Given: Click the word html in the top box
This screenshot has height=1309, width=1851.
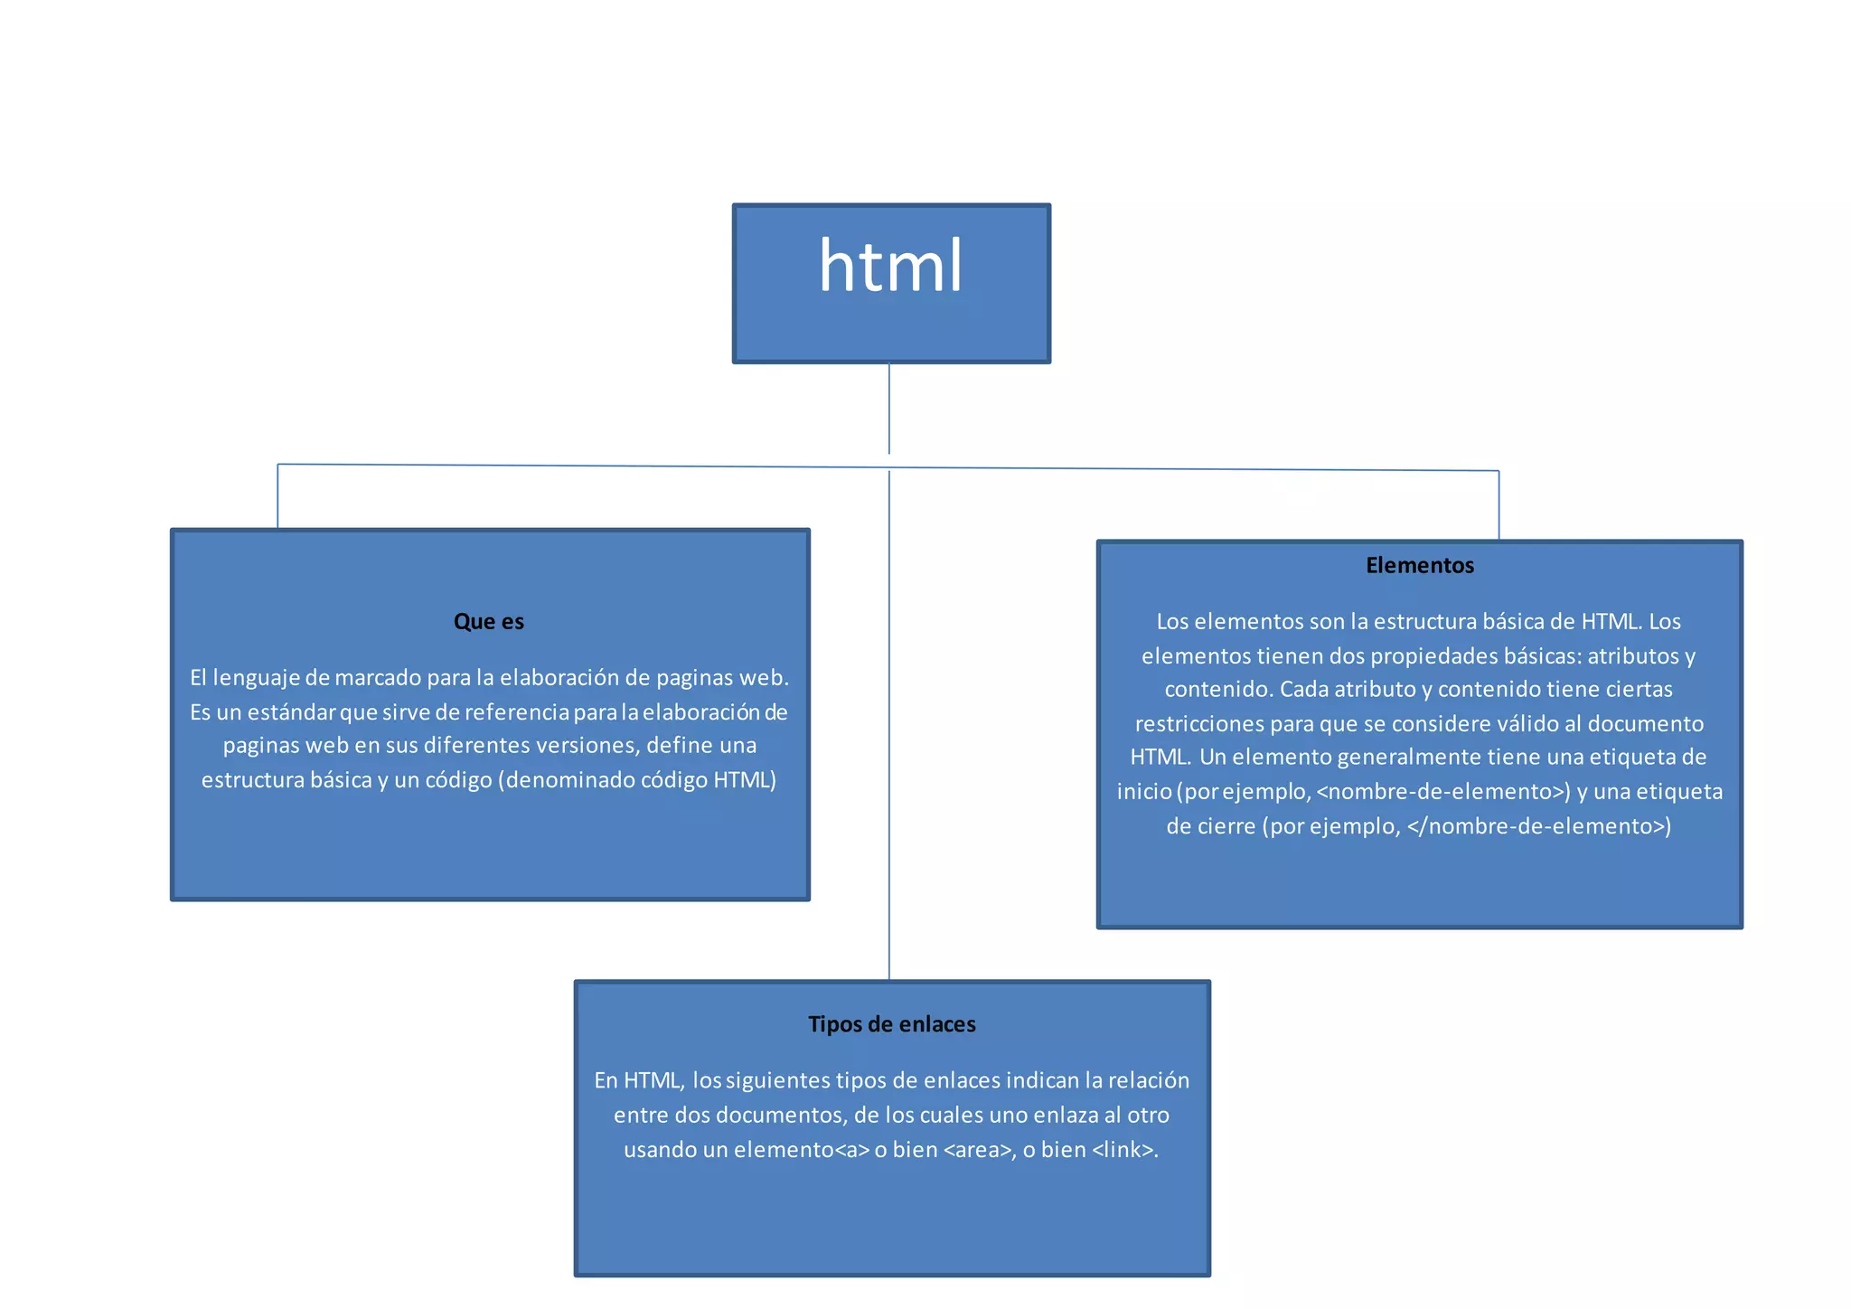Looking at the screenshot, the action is [890, 267].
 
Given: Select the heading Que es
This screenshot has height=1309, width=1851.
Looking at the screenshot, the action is [488, 622].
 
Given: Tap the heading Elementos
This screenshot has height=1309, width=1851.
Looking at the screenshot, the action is [1419, 566].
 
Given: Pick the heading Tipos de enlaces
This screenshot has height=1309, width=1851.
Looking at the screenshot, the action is [891, 1024].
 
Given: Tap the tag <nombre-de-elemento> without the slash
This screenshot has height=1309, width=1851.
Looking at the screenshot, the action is [1443, 792].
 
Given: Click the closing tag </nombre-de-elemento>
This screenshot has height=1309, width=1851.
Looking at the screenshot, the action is [1538, 826].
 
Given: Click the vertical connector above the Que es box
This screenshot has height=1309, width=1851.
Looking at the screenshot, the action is [277, 497].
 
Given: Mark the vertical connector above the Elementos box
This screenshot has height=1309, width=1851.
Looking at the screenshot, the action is [1499, 505].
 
